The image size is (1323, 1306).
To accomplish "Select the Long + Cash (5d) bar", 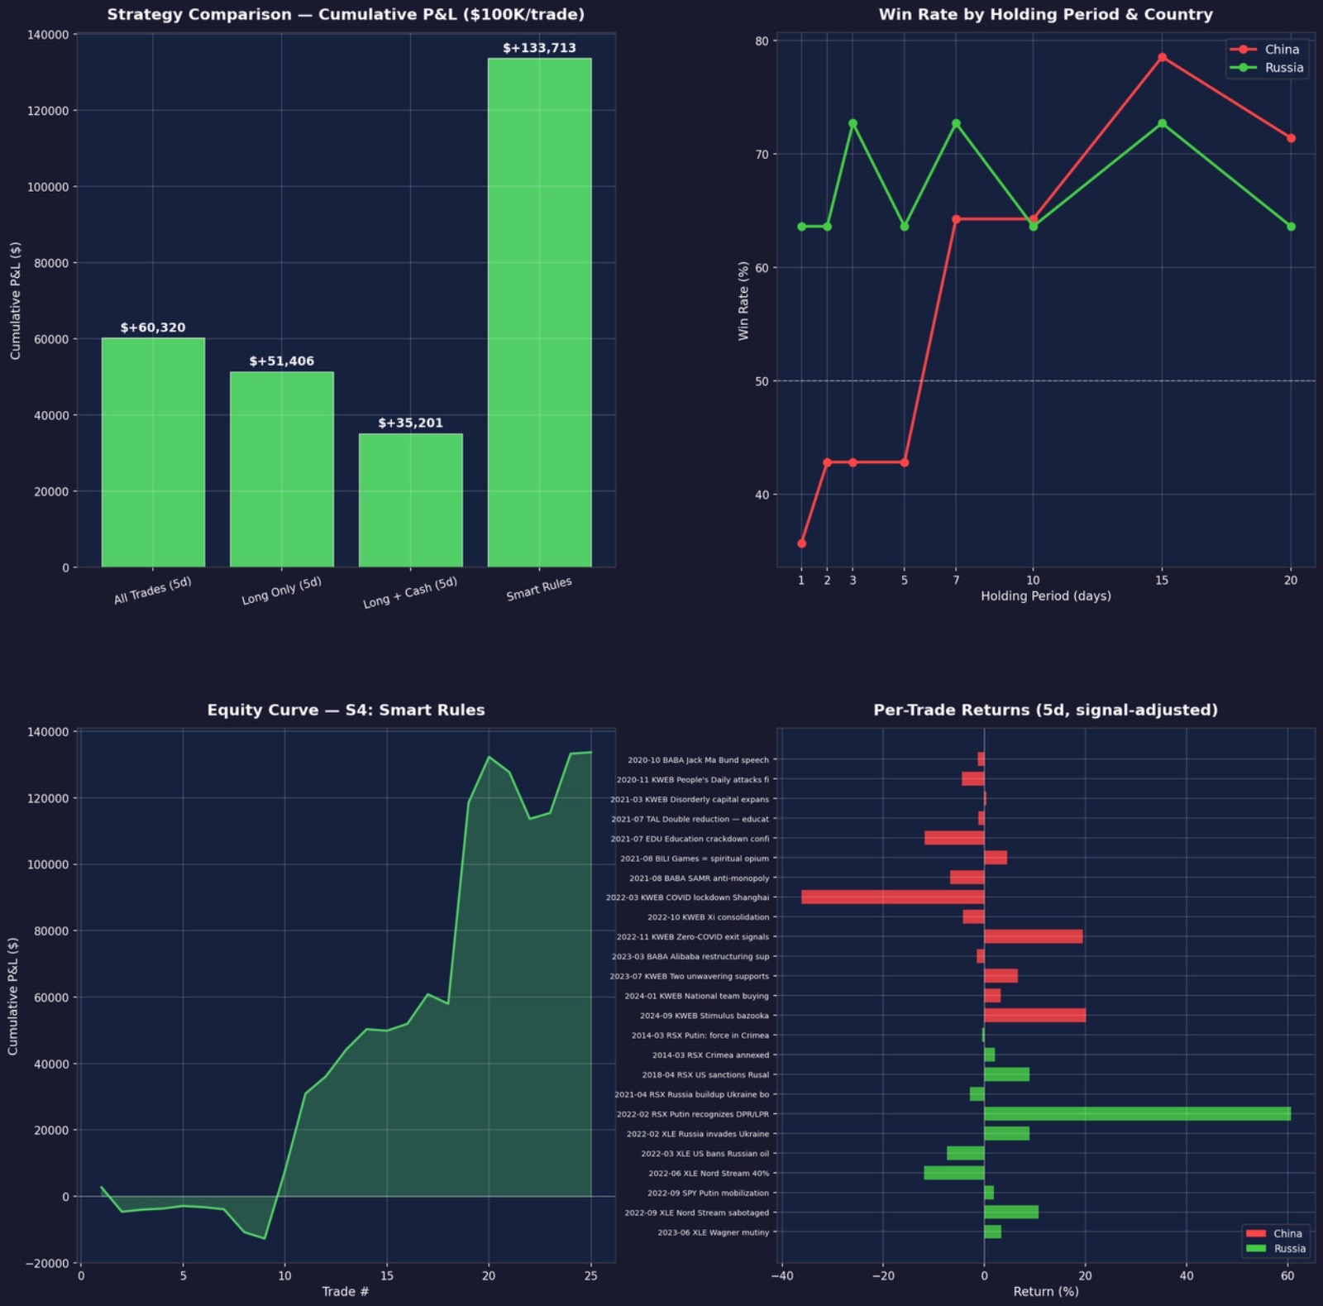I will [410, 500].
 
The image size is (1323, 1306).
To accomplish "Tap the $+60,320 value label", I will [153, 328].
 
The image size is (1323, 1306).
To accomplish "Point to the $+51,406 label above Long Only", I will [282, 361].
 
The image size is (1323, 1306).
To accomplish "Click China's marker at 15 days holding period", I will [1162, 57].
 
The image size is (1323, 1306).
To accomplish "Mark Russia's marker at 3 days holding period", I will [853, 124].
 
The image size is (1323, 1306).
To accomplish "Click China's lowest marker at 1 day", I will [801, 543].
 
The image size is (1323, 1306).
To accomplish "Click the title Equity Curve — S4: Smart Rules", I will [346, 710].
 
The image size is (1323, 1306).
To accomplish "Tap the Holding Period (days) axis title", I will [1045, 596].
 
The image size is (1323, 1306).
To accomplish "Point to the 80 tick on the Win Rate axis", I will [761, 41].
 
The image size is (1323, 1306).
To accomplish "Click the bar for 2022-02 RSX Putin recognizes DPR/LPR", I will [1137, 1114].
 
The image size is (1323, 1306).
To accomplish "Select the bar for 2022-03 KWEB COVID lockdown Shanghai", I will [893, 897].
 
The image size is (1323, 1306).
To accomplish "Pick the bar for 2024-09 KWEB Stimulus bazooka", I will [1034, 1016].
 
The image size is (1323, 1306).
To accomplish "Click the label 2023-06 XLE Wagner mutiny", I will [713, 1232].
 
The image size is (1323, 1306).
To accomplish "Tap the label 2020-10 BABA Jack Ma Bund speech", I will [698, 760].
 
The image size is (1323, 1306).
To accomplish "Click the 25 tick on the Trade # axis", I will [590, 1275].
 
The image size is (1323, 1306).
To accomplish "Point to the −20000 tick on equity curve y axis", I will [47, 1263].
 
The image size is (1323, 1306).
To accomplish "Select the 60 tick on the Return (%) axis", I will [1287, 1275].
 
